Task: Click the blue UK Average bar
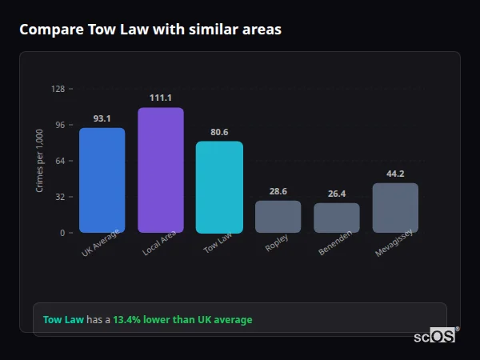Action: click(x=102, y=180)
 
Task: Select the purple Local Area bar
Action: click(x=160, y=170)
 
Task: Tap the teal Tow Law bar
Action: click(x=219, y=187)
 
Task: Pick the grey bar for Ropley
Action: click(x=278, y=216)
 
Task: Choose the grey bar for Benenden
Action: click(x=337, y=218)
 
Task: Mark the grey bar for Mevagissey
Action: click(x=395, y=208)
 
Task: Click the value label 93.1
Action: click(x=102, y=118)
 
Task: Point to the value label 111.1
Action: click(x=160, y=98)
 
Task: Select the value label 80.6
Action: click(x=219, y=132)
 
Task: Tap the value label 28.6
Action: click(x=278, y=191)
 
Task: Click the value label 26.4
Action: click(x=337, y=194)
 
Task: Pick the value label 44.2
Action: click(x=395, y=174)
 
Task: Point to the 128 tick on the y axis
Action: click(x=58, y=89)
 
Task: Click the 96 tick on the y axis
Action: click(x=60, y=125)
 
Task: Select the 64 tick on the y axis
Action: click(x=60, y=161)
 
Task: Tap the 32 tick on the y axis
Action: click(x=60, y=197)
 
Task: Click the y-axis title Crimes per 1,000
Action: click(x=40, y=160)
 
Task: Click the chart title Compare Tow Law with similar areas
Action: click(x=150, y=30)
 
